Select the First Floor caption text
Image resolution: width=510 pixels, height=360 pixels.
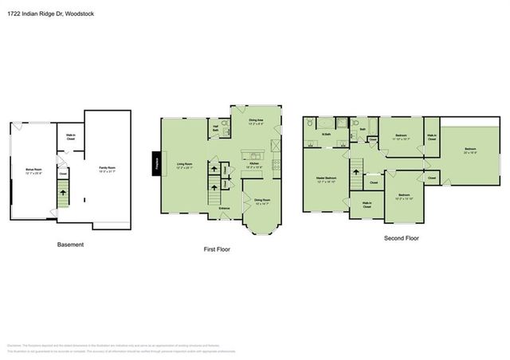[217, 249]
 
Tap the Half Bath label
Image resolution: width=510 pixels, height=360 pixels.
[216, 129]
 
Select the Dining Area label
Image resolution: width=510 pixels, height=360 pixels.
[256, 122]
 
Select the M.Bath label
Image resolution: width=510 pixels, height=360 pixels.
[326, 134]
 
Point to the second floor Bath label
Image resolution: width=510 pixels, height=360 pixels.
[363, 128]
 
